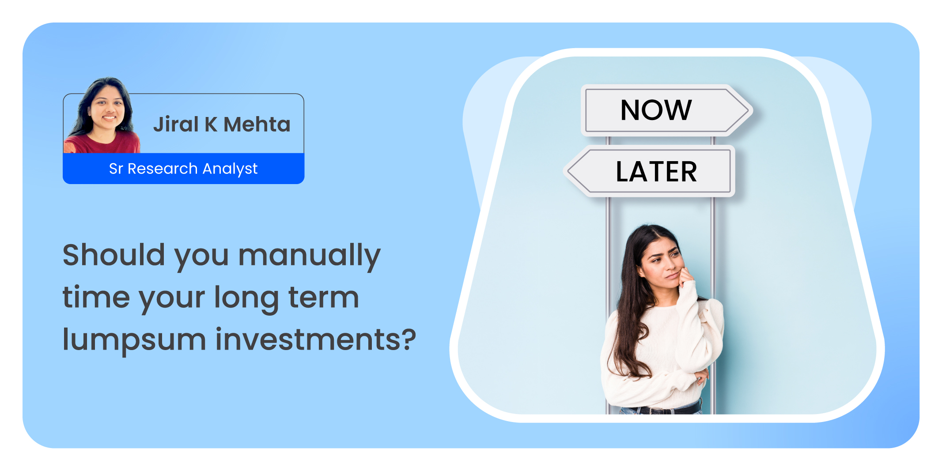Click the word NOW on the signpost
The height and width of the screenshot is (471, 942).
[x=656, y=110]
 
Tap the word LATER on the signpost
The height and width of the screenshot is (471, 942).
[x=657, y=172]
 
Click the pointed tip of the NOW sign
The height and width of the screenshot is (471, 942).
[x=751, y=110]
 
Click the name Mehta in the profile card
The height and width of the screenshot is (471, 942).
[x=257, y=124]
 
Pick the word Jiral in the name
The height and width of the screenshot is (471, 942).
[x=176, y=124]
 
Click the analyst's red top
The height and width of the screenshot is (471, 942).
[x=102, y=143]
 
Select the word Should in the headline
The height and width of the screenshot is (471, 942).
[x=114, y=255]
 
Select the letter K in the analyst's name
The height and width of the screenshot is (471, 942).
[x=211, y=124]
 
